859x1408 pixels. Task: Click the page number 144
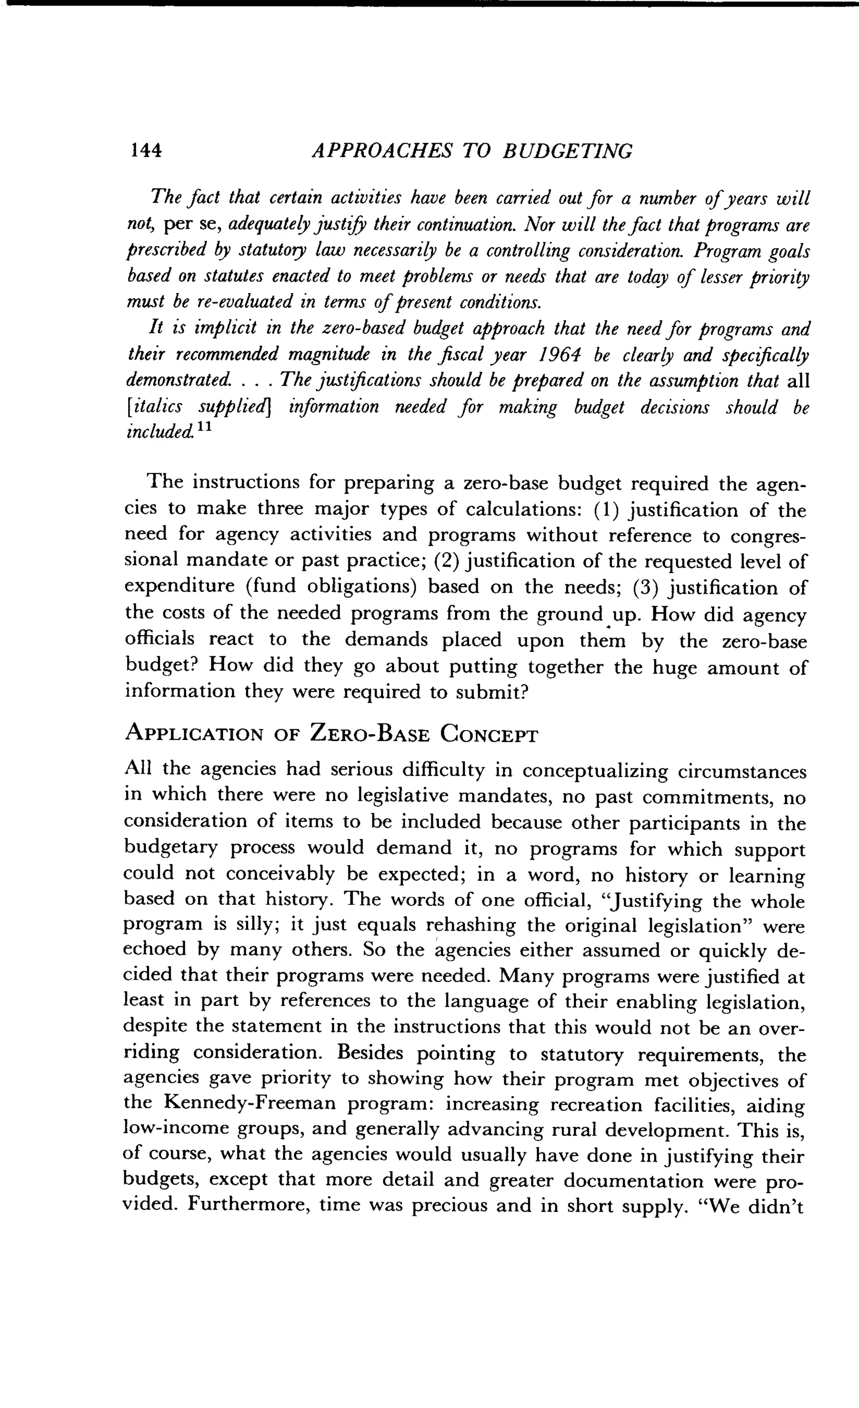point(146,150)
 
